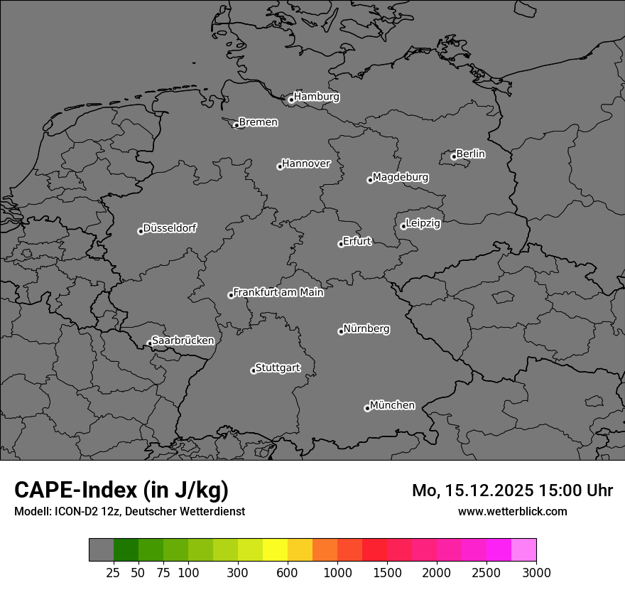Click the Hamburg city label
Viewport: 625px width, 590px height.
click(x=316, y=97)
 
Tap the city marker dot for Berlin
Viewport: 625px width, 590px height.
click(x=453, y=157)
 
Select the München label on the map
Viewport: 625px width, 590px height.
click(x=392, y=405)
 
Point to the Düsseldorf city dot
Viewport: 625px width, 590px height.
click(x=141, y=231)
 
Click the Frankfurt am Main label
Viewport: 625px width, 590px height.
click(x=278, y=292)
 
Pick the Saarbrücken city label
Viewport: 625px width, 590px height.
click(x=183, y=340)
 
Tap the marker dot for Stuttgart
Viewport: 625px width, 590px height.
click(x=253, y=370)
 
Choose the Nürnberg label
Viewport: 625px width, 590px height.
click(x=366, y=329)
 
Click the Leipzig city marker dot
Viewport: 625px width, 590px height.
click(x=403, y=226)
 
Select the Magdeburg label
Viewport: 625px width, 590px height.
click(x=401, y=177)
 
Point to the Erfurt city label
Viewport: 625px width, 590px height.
click(x=357, y=241)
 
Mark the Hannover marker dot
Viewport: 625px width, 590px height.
click(x=280, y=166)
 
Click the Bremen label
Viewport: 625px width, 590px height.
click(x=258, y=122)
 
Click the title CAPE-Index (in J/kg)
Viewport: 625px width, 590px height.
click(x=121, y=490)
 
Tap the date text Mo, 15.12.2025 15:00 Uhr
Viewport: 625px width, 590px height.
click(x=512, y=490)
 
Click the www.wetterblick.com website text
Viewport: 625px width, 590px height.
click(x=512, y=511)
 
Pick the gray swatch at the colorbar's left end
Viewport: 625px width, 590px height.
click(x=101, y=549)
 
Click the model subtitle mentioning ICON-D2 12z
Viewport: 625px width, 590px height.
click(x=129, y=511)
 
